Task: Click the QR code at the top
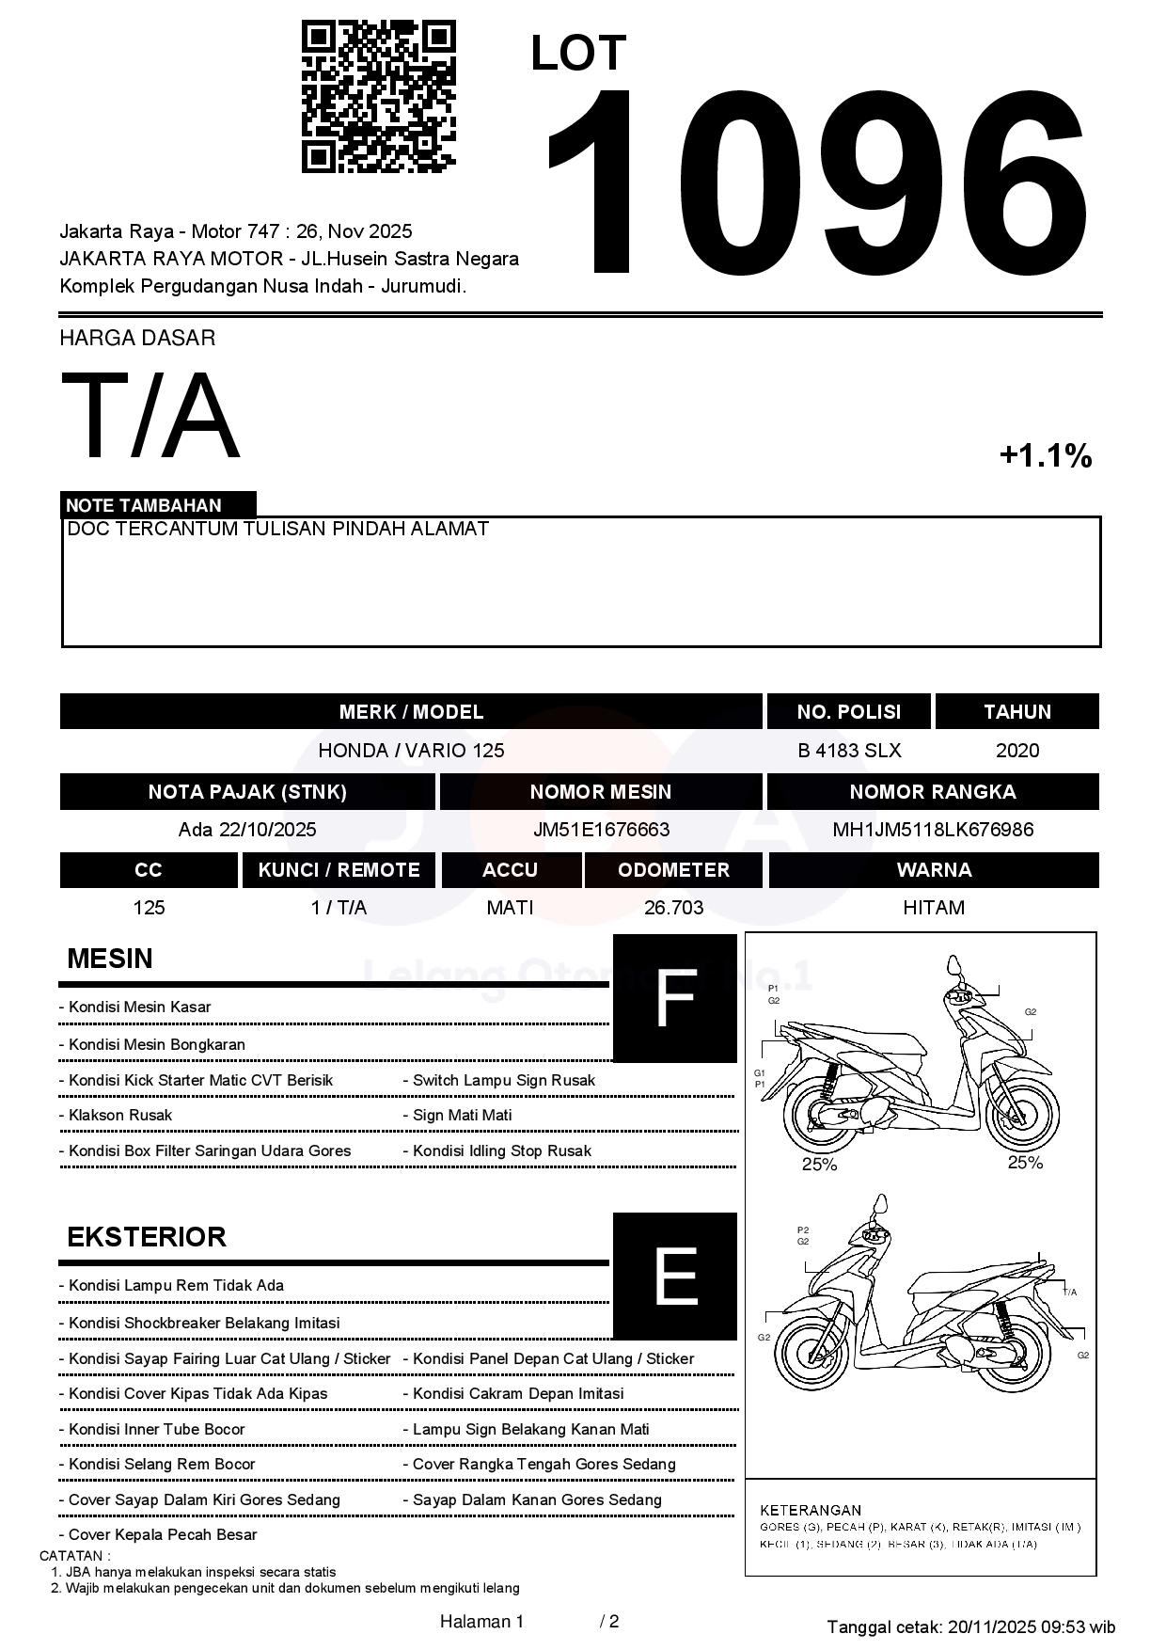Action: coord(378,97)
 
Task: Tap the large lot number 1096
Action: coord(815,182)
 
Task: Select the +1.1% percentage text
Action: coord(1045,456)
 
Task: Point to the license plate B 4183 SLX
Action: coord(849,751)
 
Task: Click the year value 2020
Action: coord(1016,751)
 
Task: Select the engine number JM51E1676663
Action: coord(601,830)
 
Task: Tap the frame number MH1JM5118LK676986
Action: coord(933,830)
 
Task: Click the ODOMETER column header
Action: coord(673,870)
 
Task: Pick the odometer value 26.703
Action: coord(673,908)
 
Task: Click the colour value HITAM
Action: coord(933,908)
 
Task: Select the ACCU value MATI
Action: coord(510,908)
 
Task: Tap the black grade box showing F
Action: coord(674,998)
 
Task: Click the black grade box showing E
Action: coord(674,1276)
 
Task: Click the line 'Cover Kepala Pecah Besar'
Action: coord(163,1534)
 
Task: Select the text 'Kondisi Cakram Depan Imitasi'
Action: coord(518,1394)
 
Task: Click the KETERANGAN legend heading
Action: coord(810,1510)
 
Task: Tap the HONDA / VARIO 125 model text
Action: coord(411,751)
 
